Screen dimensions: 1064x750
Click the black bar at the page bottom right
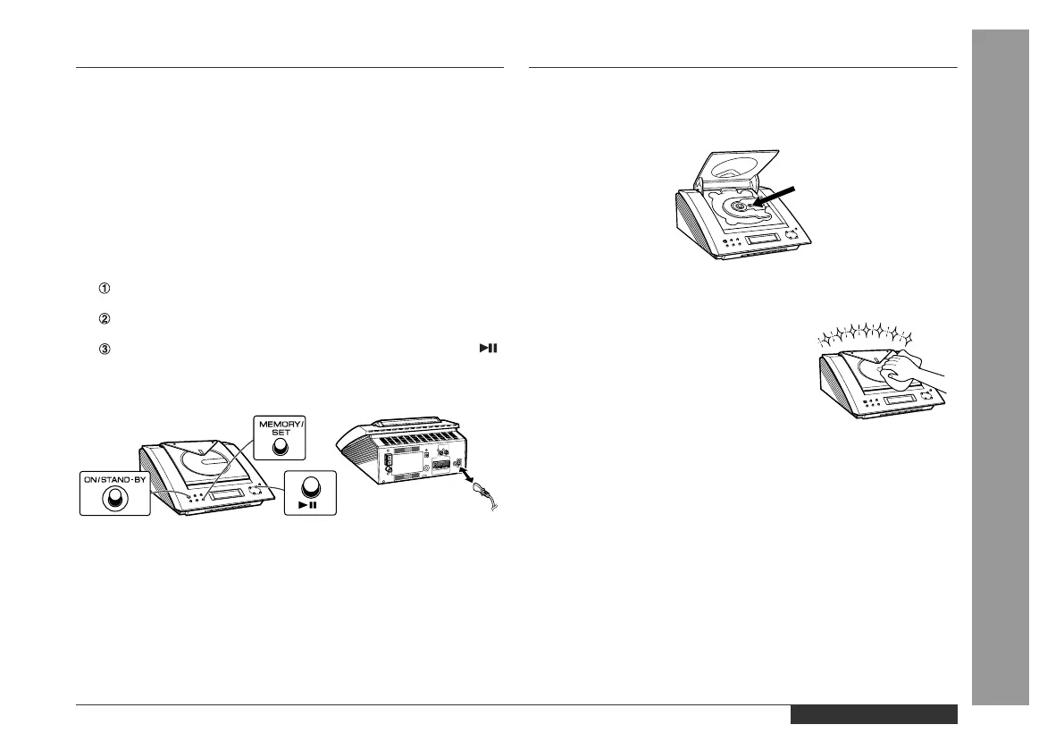click(873, 714)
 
